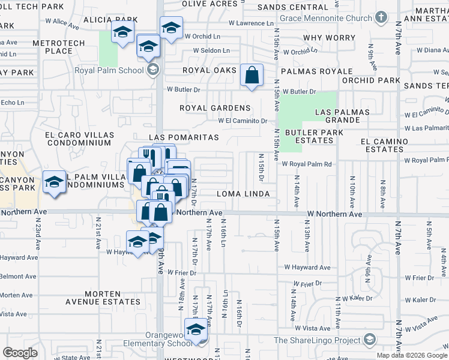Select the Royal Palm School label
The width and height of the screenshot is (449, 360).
click(x=109, y=70)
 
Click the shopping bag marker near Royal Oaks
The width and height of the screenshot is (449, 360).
click(x=252, y=76)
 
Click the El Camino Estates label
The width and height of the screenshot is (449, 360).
click(x=384, y=145)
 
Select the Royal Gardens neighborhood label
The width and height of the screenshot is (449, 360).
click(x=214, y=108)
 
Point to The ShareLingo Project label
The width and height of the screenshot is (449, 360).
click(x=317, y=340)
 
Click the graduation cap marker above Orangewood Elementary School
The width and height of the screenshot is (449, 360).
click(x=195, y=330)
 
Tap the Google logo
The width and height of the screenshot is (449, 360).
click(x=20, y=353)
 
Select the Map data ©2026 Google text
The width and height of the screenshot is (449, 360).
click(x=412, y=355)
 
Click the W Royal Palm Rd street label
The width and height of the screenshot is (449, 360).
click(x=307, y=164)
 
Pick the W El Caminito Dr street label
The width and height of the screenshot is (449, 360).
click(x=243, y=120)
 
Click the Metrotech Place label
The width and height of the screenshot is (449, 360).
click(x=53, y=47)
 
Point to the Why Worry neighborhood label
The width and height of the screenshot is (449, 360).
click(x=330, y=38)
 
